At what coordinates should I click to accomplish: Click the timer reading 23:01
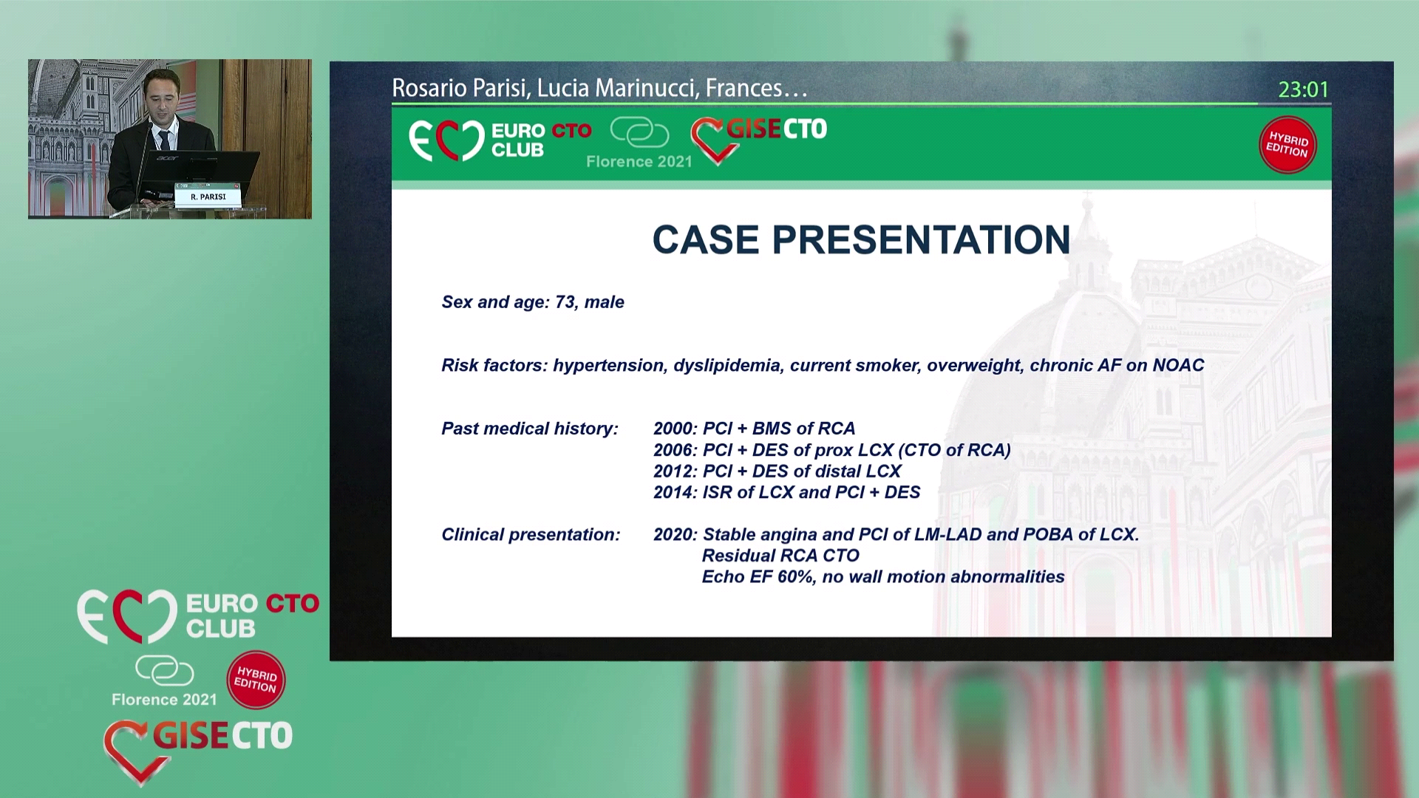[x=1304, y=89]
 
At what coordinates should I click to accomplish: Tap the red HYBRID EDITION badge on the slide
[x=1287, y=144]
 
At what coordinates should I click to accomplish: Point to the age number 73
[x=565, y=302]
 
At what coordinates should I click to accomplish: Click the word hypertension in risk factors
[x=608, y=366]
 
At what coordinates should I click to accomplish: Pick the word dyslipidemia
[x=727, y=366]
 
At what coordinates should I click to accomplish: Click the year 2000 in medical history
[x=673, y=429]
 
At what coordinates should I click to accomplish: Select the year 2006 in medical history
[x=673, y=450]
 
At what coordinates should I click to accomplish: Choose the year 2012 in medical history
[x=673, y=471]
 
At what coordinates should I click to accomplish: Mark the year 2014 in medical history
[x=673, y=492]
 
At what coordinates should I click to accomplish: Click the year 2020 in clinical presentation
[x=673, y=534]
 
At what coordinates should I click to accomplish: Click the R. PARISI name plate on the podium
[x=208, y=197]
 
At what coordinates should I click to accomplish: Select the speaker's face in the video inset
[x=162, y=95]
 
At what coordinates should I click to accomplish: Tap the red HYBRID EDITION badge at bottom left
[x=256, y=680]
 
